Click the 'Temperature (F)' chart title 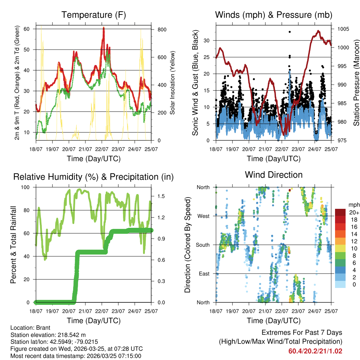point(94,15)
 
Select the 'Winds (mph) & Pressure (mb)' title point(274,15)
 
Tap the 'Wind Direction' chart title point(274,175)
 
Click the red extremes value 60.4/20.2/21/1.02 point(315,351)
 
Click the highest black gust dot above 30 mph point(290,32)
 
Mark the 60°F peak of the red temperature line point(103,28)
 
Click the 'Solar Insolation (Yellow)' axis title point(173,83)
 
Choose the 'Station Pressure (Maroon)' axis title point(356,83)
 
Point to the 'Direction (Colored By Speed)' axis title point(187,244)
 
